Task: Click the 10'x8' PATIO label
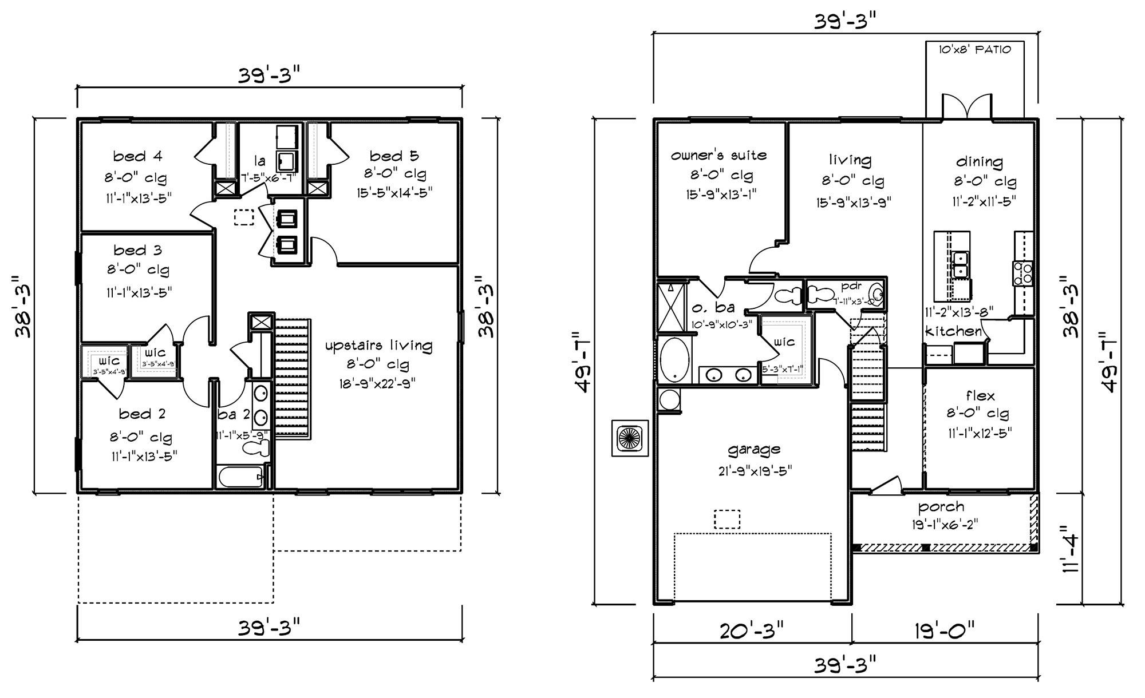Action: coord(974,50)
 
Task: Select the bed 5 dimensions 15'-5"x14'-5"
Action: coord(394,192)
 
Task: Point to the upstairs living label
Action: coord(378,346)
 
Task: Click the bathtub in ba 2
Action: coord(240,476)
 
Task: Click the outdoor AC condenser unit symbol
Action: coord(630,438)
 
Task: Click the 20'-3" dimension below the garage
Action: coord(751,632)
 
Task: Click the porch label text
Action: coord(941,506)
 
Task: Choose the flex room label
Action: coord(980,395)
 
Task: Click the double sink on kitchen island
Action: coord(960,264)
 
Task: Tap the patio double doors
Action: coord(968,106)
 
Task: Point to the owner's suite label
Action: coord(718,155)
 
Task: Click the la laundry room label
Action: coord(259,161)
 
